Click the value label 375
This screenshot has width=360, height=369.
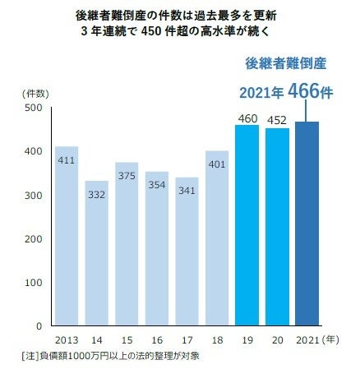click(x=127, y=176)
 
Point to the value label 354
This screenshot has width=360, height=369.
click(x=156, y=185)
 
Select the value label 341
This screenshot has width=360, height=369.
click(x=187, y=191)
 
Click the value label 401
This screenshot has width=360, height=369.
click(x=217, y=164)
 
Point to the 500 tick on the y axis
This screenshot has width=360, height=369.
click(x=34, y=108)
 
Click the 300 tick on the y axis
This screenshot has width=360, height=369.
click(x=34, y=195)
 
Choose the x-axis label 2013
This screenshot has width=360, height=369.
click(x=67, y=339)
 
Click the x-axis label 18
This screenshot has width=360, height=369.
click(x=217, y=339)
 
